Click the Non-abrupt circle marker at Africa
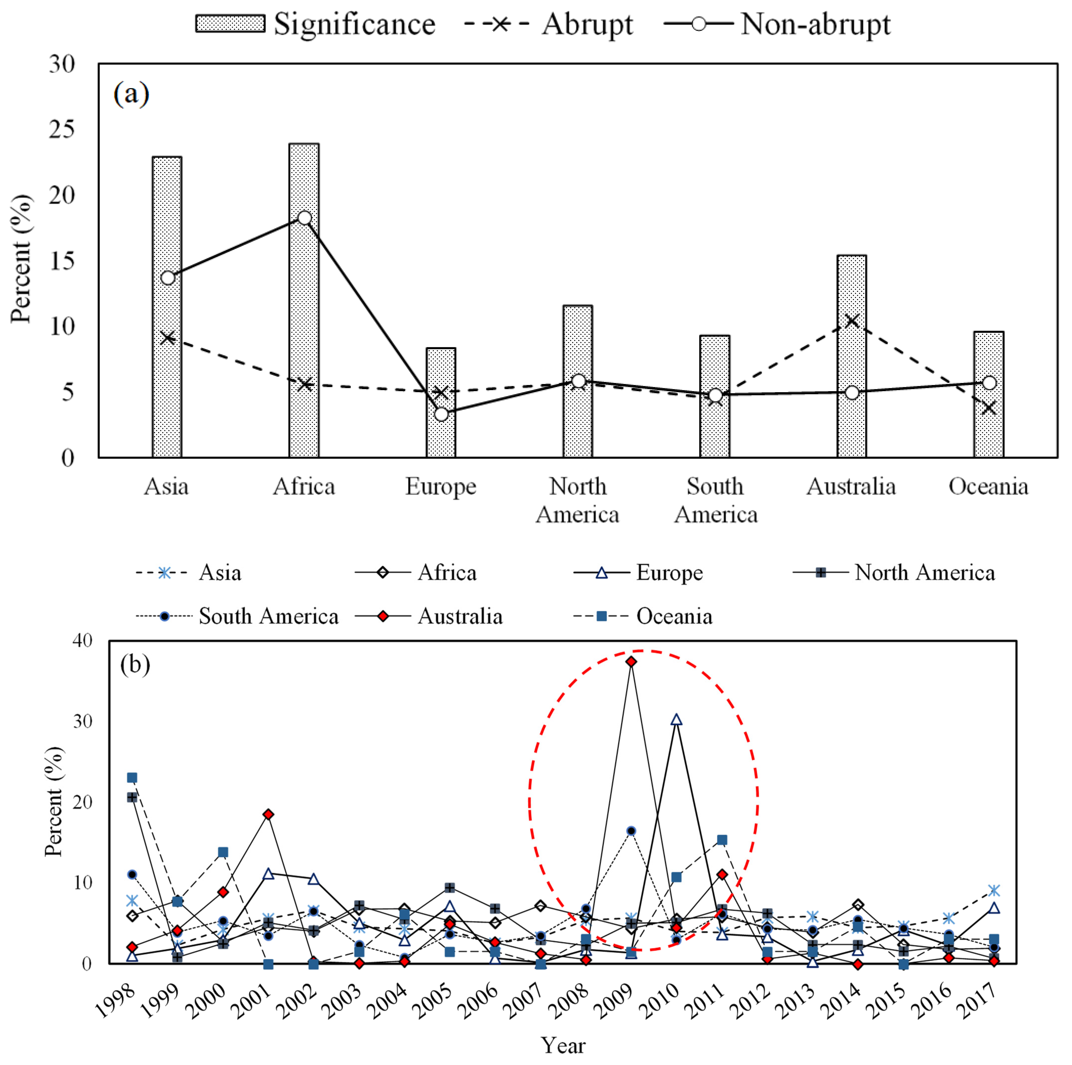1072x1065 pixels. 304,218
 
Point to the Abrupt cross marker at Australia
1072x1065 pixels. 852,321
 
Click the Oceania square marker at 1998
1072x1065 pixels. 132,778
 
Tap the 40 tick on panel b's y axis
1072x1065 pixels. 82,641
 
